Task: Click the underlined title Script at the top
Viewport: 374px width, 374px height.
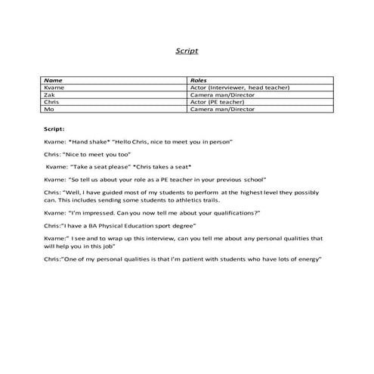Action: point(187,52)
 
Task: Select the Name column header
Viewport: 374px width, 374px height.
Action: point(54,80)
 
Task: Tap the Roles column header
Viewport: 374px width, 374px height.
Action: point(199,80)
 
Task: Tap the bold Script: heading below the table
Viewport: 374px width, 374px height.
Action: point(55,129)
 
